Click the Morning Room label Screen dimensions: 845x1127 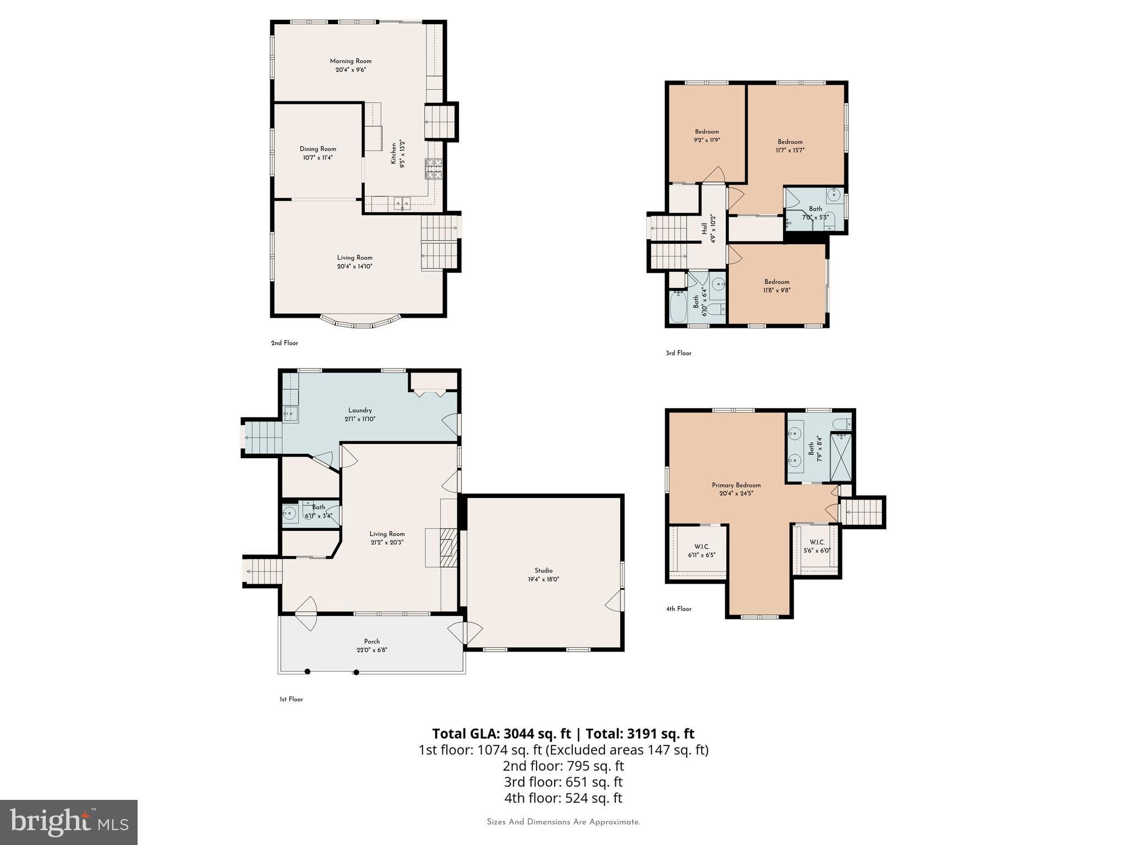(351, 61)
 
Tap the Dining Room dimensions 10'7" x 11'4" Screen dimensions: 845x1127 (318, 158)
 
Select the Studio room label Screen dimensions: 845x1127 (543, 570)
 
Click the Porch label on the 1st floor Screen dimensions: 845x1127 (371, 641)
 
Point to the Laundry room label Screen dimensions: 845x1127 (360, 410)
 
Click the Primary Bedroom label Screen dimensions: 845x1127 (736, 485)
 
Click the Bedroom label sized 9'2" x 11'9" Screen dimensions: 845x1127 (707, 131)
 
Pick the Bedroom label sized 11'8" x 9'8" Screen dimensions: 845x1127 (776, 282)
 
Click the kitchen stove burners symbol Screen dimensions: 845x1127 (433, 169)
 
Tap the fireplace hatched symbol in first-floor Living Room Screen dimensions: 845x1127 (448, 547)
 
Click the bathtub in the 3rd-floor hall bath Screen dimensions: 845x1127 (678, 307)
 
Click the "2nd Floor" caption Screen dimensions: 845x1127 (285, 343)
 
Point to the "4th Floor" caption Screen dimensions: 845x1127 (679, 609)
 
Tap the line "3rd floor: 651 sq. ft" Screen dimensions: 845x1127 (563, 782)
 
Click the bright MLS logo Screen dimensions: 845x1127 (68, 822)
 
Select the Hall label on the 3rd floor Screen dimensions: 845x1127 (704, 228)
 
